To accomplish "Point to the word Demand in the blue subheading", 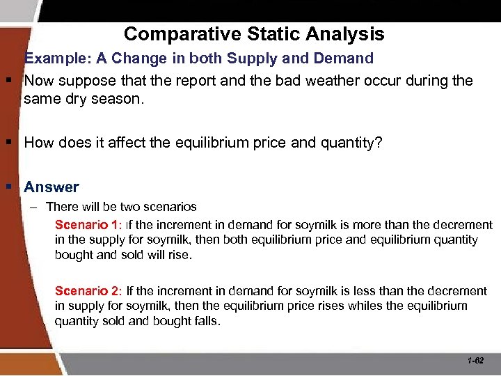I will click(343, 58).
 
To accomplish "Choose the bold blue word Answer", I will click(51, 187).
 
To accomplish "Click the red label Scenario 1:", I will click(88, 225).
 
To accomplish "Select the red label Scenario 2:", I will click(88, 290).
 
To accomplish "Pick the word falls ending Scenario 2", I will click(207, 321).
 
